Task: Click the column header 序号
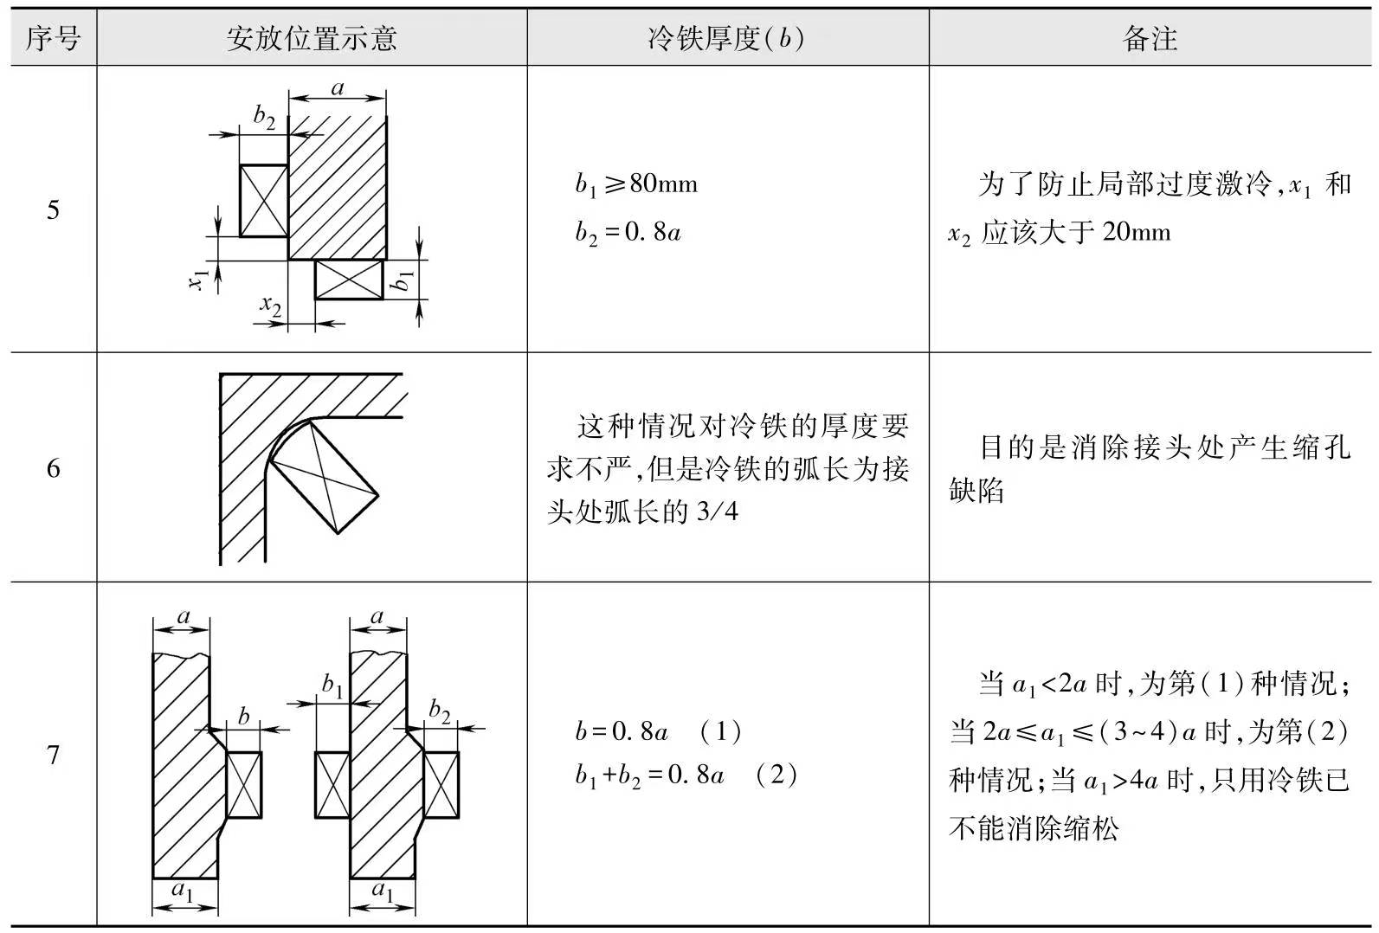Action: point(53,38)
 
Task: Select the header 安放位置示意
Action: point(312,38)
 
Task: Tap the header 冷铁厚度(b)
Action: point(726,38)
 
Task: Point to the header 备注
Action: point(1150,38)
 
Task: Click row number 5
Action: point(53,209)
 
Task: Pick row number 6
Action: point(53,469)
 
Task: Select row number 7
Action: point(53,755)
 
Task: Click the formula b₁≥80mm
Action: point(636,184)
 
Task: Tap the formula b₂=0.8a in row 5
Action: point(628,233)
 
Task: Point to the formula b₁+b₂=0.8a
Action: point(649,775)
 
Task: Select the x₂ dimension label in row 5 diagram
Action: point(271,305)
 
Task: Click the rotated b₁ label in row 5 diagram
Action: point(403,279)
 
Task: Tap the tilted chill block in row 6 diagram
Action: point(325,477)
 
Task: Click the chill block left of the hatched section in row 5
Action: point(263,201)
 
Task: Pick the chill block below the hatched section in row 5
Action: point(349,280)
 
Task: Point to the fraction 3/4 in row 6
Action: point(718,512)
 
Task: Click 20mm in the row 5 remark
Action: point(1137,233)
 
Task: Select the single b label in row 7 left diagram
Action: point(244,716)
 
